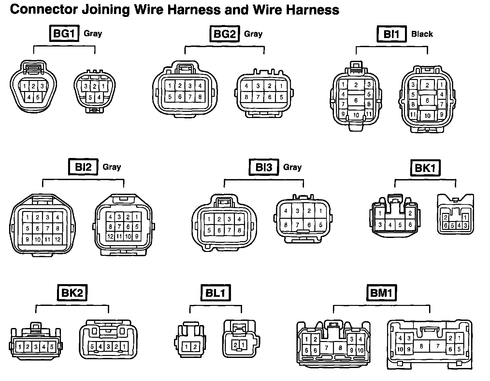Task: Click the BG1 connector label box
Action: click(64, 33)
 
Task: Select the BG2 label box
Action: click(224, 34)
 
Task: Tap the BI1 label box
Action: click(391, 34)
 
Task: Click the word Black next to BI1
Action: click(422, 34)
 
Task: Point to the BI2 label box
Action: click(83, 167)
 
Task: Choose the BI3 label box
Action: click(264, 167)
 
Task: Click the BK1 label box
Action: click(425, 168)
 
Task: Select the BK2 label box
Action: click(72, 293)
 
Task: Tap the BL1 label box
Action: click(215, 293)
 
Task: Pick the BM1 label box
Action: click(381, 293)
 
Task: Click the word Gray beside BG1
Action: click(93, 33)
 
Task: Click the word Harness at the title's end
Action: click(312, 10)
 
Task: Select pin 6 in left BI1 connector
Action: click(356, 100)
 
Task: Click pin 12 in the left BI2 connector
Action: click(58, 240)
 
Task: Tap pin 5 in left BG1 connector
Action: click(37, 97)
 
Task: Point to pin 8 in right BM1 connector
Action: click(421, 346)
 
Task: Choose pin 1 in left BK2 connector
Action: click(20, 347)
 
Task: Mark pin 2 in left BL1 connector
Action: click(195, 347)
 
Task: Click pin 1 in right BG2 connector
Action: click(281, 86)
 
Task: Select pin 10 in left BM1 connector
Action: click(360, 350)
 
